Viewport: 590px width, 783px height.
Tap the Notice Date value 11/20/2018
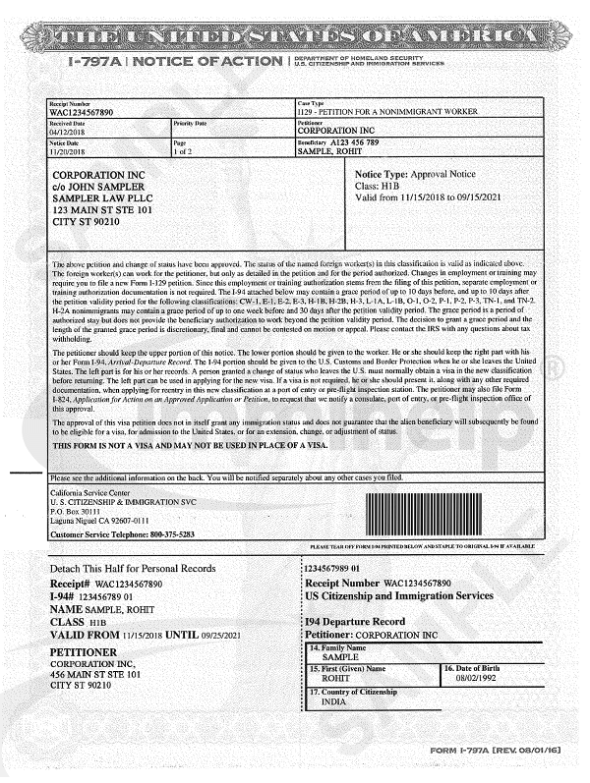[68, 153]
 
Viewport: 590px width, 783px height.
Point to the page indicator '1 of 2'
[184, 153]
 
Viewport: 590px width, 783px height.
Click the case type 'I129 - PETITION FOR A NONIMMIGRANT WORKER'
[393, 113]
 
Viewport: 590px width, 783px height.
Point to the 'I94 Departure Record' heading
[354, 622]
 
